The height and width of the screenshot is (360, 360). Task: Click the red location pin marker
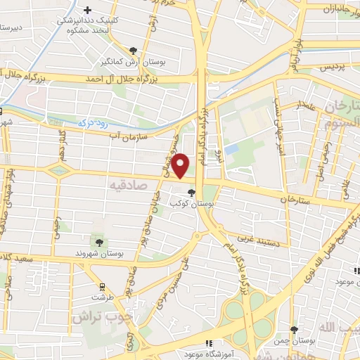[181, 165]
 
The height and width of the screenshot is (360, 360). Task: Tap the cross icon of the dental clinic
[87, 10]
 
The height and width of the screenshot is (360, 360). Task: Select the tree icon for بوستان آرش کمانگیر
[133, 50]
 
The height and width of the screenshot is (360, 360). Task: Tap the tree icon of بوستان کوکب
[191, 193]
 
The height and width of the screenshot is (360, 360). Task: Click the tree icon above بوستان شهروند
[98, 241]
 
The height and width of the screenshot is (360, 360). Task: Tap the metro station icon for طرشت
[103, 286]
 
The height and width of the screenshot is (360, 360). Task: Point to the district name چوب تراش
[101, 316]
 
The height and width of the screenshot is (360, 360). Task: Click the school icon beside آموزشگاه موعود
[207, 342]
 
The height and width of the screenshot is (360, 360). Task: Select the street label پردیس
[334, 68]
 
